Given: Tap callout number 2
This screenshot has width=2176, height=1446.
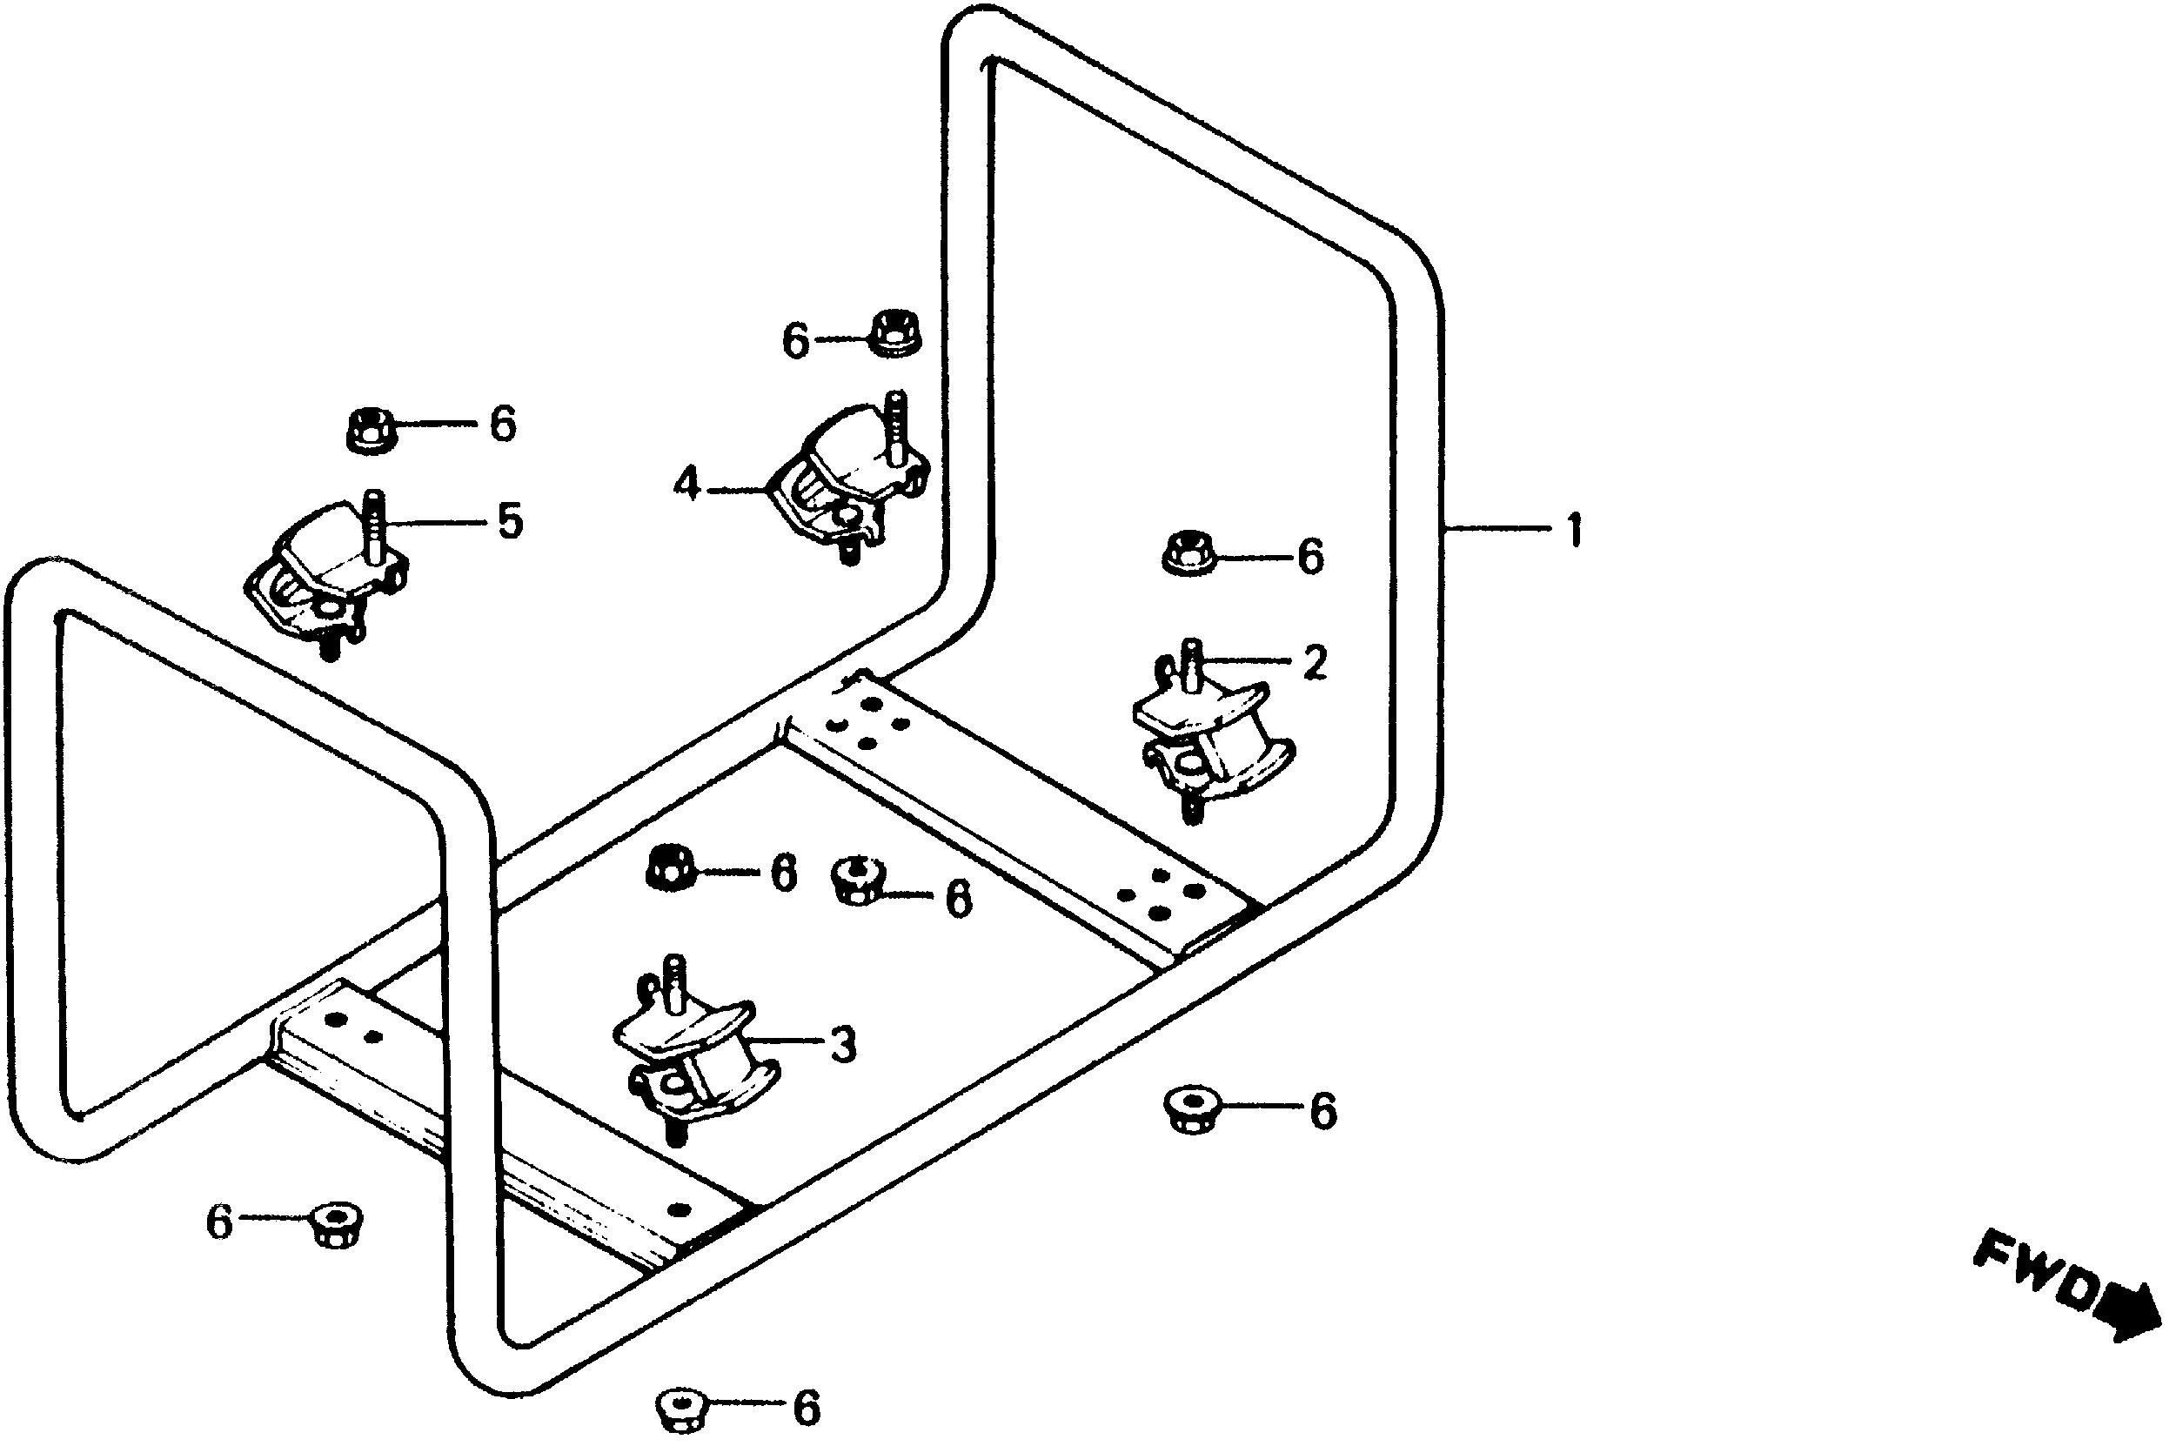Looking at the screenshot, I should tap(1314, 661).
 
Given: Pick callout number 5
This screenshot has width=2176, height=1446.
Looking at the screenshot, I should tap(510, 522).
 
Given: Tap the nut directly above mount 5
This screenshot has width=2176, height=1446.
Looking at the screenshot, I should tap(371, 429).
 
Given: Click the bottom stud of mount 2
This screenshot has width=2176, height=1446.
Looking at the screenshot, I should tap(1192, 811).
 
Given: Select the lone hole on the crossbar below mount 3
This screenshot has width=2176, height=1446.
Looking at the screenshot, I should tap(682, 1209).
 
